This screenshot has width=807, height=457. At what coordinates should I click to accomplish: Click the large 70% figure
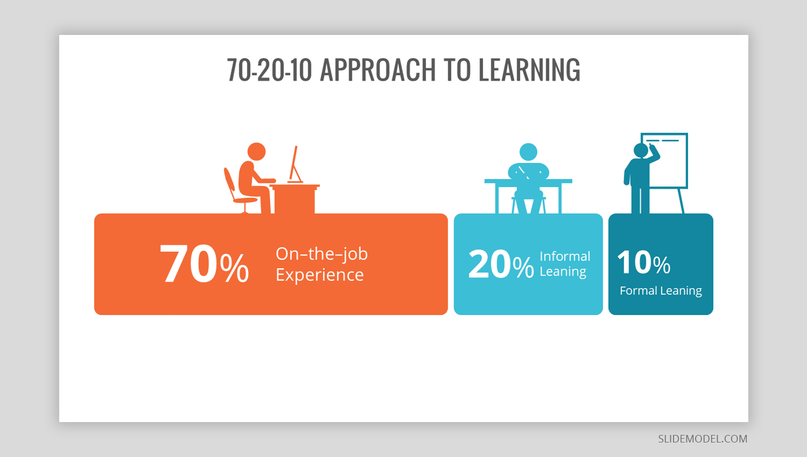click(x=204, y=263)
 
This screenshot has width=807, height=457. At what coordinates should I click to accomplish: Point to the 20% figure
click(x=501, y=264)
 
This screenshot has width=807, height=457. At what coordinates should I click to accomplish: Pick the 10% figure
click(x=644, y=262)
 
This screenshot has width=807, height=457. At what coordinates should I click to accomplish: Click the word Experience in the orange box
click(x=320, y=275)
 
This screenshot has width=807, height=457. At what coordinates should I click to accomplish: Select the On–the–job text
click(x=322, y=254)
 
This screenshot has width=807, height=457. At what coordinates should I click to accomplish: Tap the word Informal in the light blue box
click(x=565, y=256)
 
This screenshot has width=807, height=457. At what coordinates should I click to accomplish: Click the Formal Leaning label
click(x=661, y=291)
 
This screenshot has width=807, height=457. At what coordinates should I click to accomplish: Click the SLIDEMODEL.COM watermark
click(x=703, y=439)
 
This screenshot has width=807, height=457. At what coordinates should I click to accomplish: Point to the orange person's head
click(x=257, y=152)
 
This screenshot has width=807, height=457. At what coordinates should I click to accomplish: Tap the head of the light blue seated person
click(x=528, y=152)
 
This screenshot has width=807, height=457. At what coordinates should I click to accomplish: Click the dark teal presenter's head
click(x=641, y=151)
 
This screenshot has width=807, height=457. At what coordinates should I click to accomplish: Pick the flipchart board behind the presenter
click(x=664, y=161)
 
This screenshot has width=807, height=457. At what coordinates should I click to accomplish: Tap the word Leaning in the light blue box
click(x=563, y=272)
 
